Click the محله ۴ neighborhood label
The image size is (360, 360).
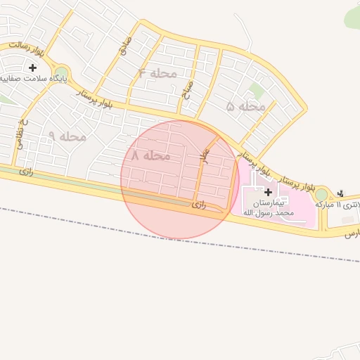tap(152, 73)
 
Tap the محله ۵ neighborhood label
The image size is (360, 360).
tap(246, 106)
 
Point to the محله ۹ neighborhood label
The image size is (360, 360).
tap(67, 136)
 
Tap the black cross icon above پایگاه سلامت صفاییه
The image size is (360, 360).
tap(32, 67)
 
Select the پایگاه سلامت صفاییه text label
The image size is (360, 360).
tap(32, 79)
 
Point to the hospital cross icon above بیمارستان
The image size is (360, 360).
tap(268, 191)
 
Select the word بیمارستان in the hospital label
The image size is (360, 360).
tap(268, 202)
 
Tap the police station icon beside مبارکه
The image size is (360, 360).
tap(342, 193)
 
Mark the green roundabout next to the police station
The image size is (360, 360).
tap(321, 194)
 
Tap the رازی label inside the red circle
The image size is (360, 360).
tap(199, 205)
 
